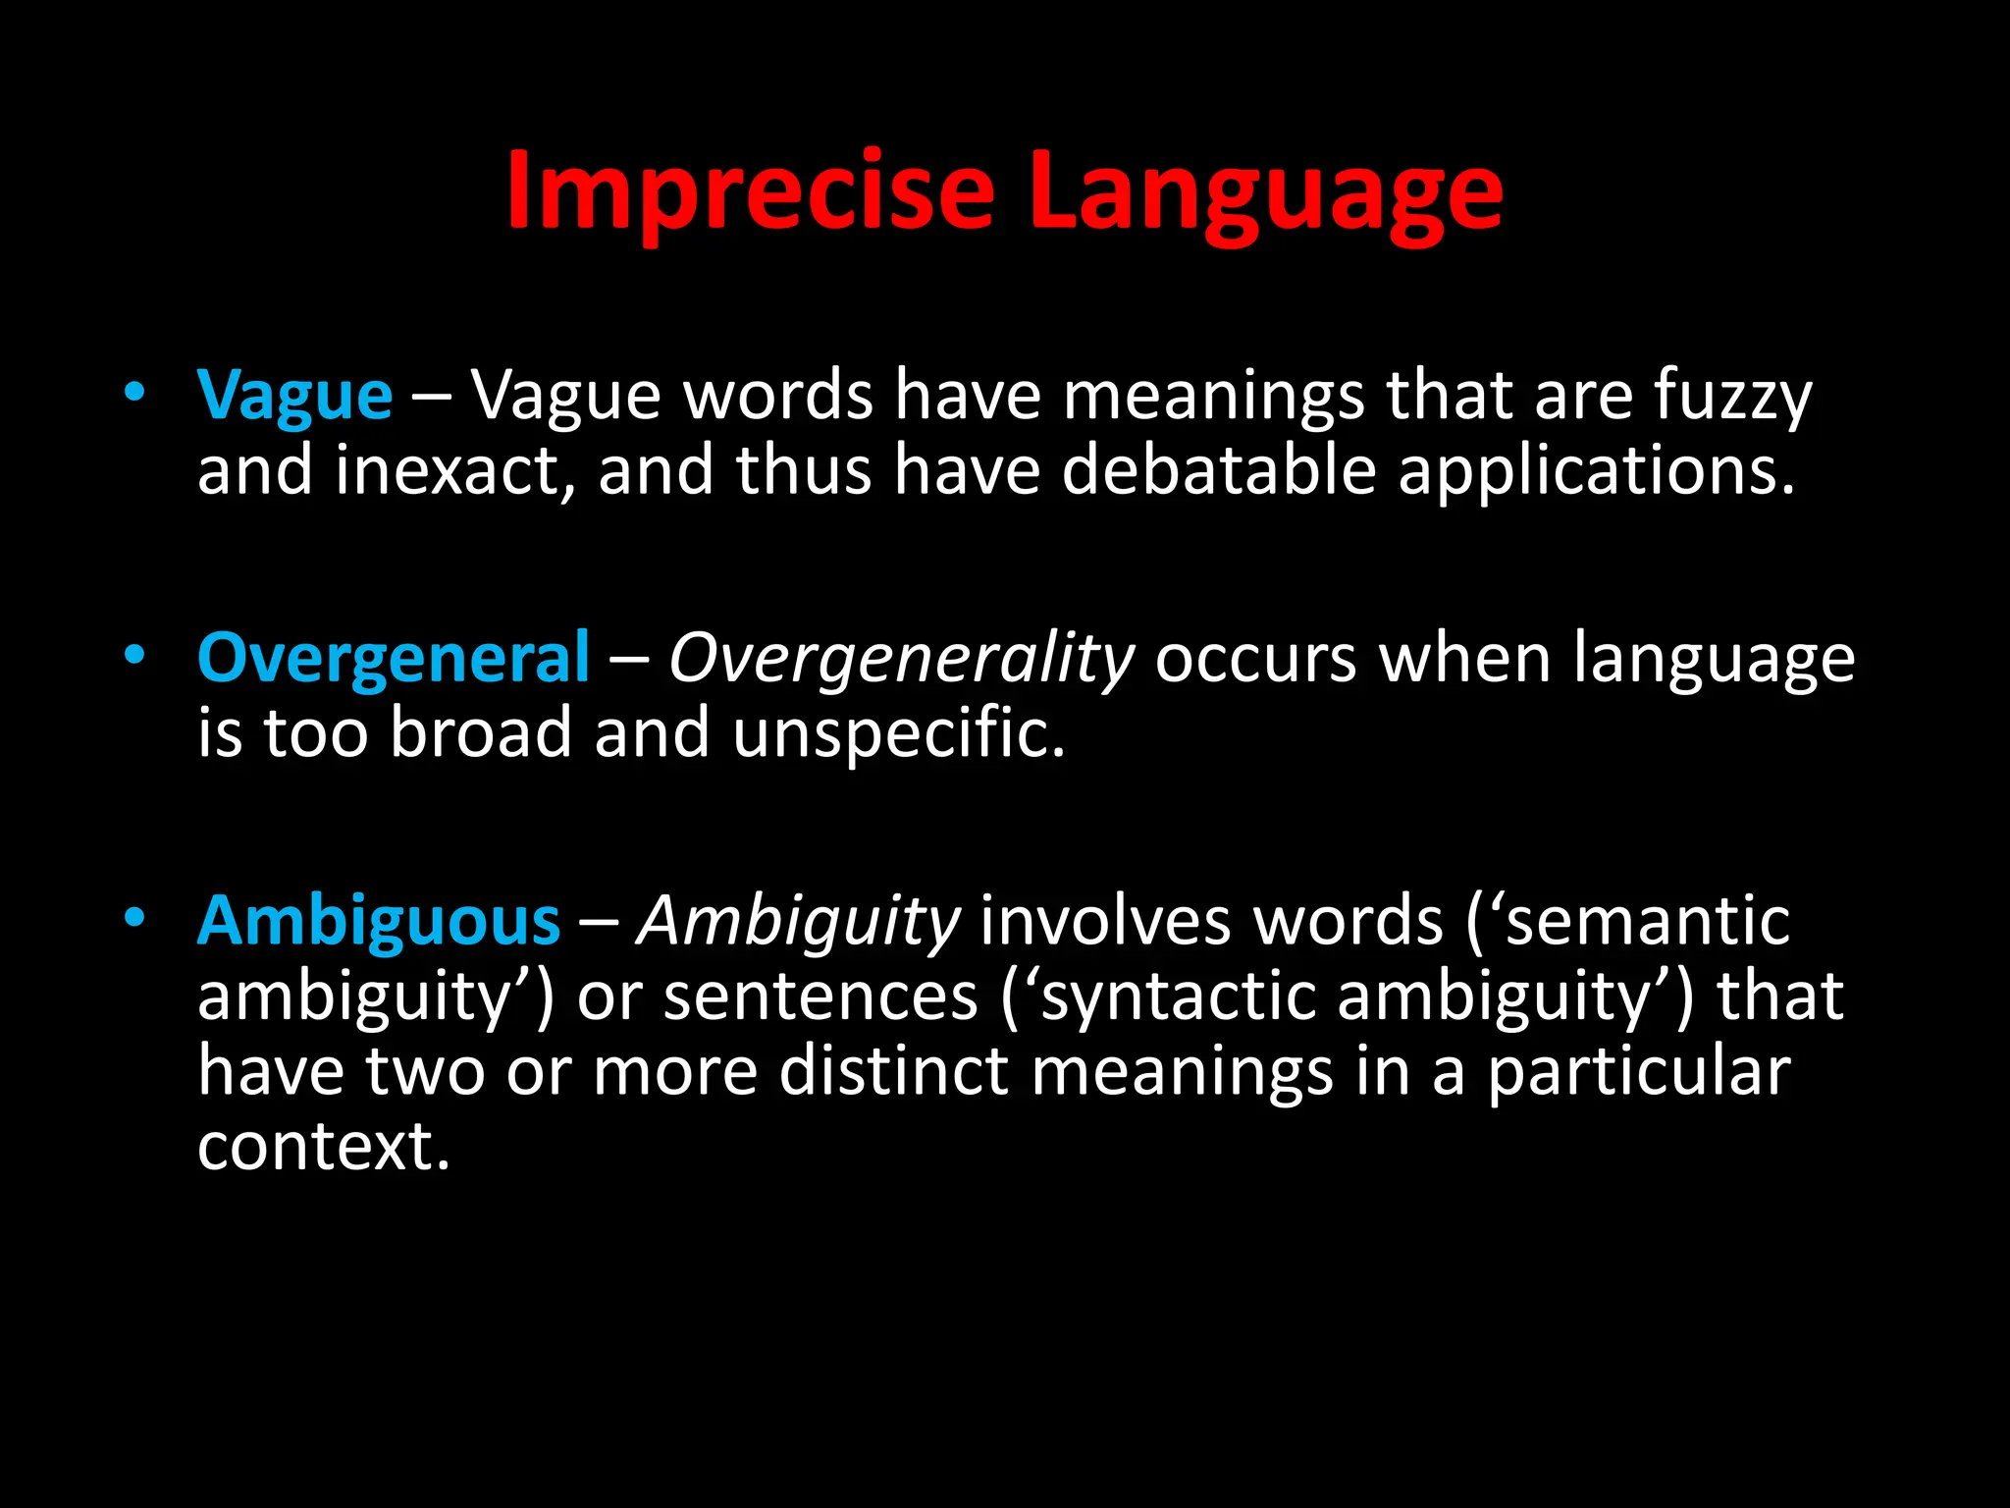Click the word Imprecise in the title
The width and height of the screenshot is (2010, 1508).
(x=750, y=191)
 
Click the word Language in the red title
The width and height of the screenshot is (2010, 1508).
(x=1265, y=191)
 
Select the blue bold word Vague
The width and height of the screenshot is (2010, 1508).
(x=294, y=396)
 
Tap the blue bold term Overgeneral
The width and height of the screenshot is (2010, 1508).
(x=394, y=658)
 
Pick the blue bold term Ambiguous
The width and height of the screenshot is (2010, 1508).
(x=379, y=922)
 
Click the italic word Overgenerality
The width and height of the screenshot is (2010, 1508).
(x=901, y=658)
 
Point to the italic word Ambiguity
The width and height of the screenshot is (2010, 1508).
(x=798, y=922)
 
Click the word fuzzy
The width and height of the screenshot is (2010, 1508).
(x=1733, y=396)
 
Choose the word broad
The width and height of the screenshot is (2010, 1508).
(x=481, y=733)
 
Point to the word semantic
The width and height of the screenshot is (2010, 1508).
(x=1648, y=922)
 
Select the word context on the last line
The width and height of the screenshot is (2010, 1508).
(x=323, y=1146)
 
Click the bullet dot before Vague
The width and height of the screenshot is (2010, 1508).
(x=134, y=392)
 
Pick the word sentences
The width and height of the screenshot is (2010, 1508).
(x=820, y=996)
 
